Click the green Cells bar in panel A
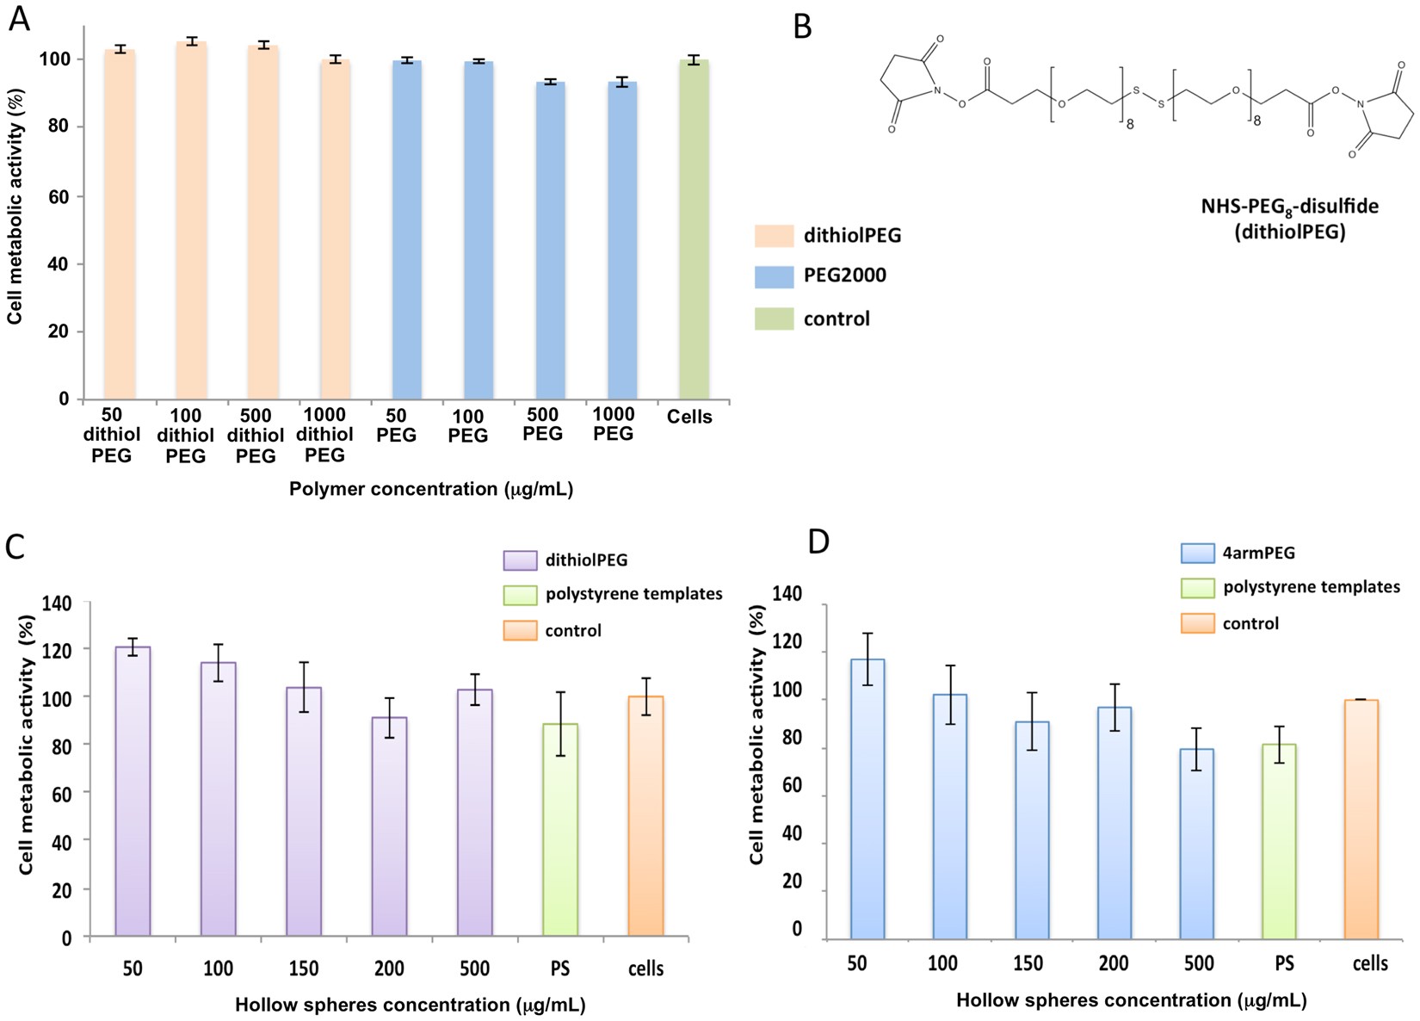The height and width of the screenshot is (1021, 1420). pos(694,229)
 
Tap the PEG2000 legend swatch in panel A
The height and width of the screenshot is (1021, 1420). pos(774,276)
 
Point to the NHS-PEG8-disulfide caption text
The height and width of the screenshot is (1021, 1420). pos(1289,207)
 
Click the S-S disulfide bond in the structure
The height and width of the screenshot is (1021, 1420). pos(1148,96)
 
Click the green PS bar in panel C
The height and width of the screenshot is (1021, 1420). pos(560,830)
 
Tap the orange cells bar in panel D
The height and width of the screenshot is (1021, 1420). pos(1361,819)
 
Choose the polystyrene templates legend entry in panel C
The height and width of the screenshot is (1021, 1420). pos(633,594)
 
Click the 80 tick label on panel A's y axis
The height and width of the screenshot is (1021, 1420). pos(56,127)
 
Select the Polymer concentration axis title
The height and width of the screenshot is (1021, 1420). pos(431,489)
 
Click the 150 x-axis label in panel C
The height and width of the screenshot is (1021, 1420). pos(303,968)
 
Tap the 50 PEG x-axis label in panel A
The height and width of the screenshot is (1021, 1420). pos(396,425)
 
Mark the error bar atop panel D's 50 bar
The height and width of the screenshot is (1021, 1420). pos(867,659)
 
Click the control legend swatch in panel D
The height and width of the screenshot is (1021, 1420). pos(1197,623)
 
